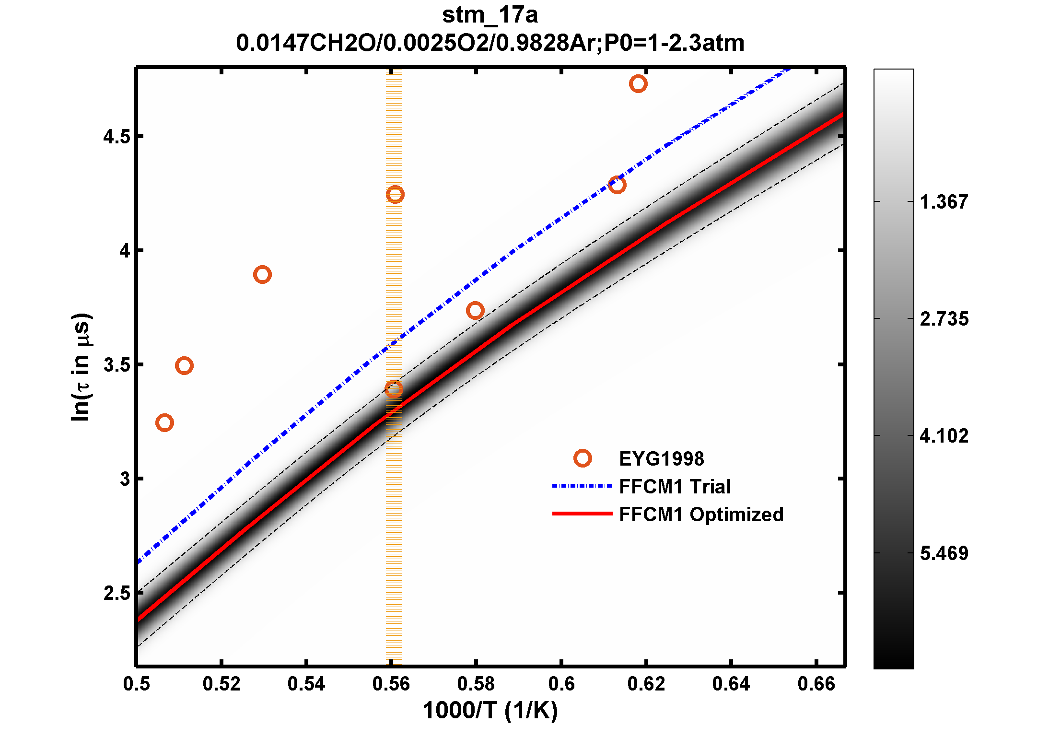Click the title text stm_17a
click(490, 15)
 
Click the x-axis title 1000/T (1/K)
click(490, 710)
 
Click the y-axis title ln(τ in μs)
click(81, 367)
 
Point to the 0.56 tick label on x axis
click(391, 684)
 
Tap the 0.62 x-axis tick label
click(646, 684)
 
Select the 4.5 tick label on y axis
click(117, 137)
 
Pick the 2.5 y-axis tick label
click(117, 593)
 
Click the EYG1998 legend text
click(662, 459)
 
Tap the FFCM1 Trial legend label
click(675, 487)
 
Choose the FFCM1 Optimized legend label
click(701, 515)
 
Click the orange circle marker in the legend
click(583, 458)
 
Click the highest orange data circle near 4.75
click(638, 84)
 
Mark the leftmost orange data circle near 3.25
click(164, 422)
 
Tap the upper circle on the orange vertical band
click(395, 194)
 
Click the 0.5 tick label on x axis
click(137, 684)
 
